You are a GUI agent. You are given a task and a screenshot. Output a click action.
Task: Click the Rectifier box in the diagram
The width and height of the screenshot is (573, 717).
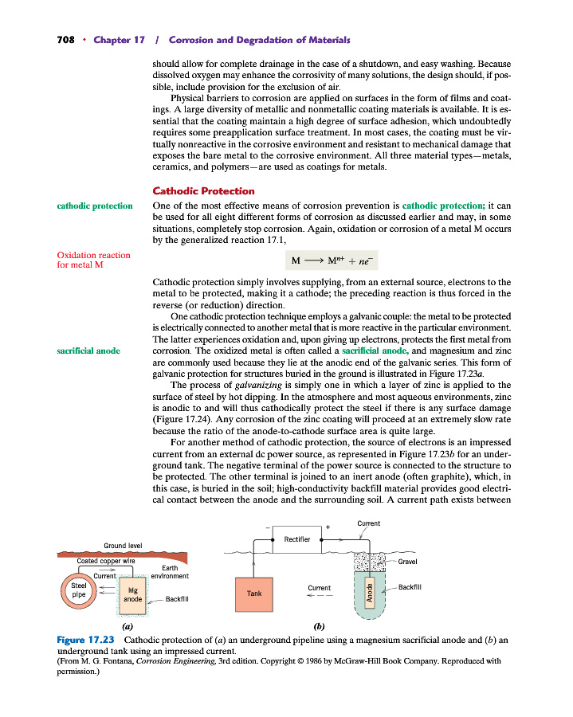(296, 539)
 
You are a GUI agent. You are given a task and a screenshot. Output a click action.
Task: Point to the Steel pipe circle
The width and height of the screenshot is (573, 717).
(79, 590)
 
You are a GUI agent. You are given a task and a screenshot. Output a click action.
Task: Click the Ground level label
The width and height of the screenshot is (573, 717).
(123, 546)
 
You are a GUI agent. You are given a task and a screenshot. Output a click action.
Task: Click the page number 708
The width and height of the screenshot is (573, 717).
(66, 40)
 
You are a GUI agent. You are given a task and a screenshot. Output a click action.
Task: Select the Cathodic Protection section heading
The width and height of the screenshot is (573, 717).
(203, 191)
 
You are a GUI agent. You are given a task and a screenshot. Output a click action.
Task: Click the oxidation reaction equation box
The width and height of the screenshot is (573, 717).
(334, 261)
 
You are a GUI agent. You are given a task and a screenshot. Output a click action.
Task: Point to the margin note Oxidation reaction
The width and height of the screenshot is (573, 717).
(93, 255)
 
